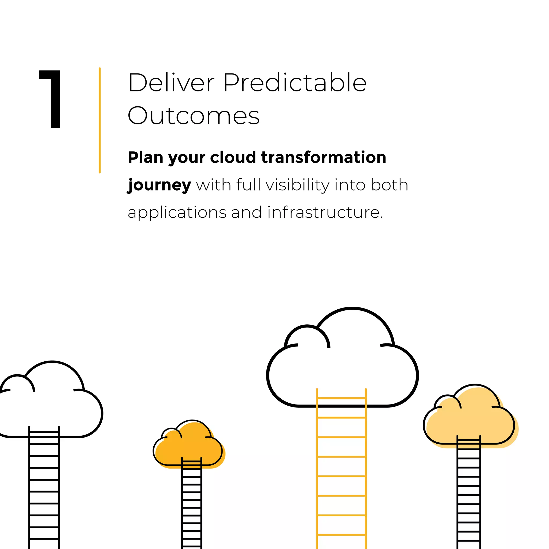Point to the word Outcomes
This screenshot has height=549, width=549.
194,116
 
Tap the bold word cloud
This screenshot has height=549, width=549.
233,157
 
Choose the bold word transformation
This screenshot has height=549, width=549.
324,157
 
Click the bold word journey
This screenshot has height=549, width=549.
159,186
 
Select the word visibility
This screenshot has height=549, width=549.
298,185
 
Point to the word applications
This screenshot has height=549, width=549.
177,213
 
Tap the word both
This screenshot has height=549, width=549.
389,185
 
